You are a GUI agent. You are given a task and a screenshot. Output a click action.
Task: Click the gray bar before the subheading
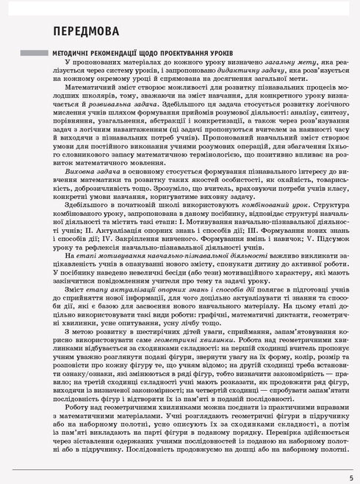point(33,54)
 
